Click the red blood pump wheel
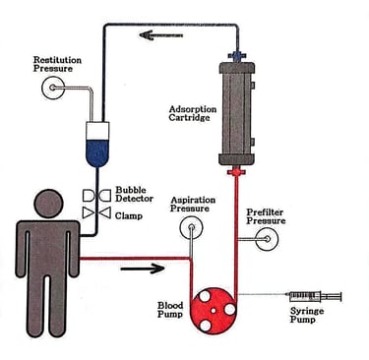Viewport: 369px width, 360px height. (x=214, y=311)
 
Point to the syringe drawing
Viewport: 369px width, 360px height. (x=315, y=296)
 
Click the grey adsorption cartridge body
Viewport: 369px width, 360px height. (x=236, y=113)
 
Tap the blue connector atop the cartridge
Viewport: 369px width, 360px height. (x=237, y=55)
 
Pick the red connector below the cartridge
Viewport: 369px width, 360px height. (x=236, y=171)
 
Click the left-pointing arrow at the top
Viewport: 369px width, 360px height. (x=161, y=34)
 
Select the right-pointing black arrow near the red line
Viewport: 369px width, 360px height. (x=143, y=269)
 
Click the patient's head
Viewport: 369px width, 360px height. (x=48, y=204)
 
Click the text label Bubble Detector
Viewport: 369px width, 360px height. (x=134, y=195)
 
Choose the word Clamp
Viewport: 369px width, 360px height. (x=129, y=216)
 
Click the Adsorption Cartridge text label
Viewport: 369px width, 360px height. (x=193, y=113)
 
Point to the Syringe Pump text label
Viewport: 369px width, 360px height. (x=307, y=316)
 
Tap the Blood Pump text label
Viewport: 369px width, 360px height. (x=170, y=310)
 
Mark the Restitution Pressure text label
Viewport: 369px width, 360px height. (x=57, y=64)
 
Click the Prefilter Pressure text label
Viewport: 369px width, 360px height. (x=266, y=216)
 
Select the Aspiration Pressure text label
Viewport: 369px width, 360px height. (x=193, y=205)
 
